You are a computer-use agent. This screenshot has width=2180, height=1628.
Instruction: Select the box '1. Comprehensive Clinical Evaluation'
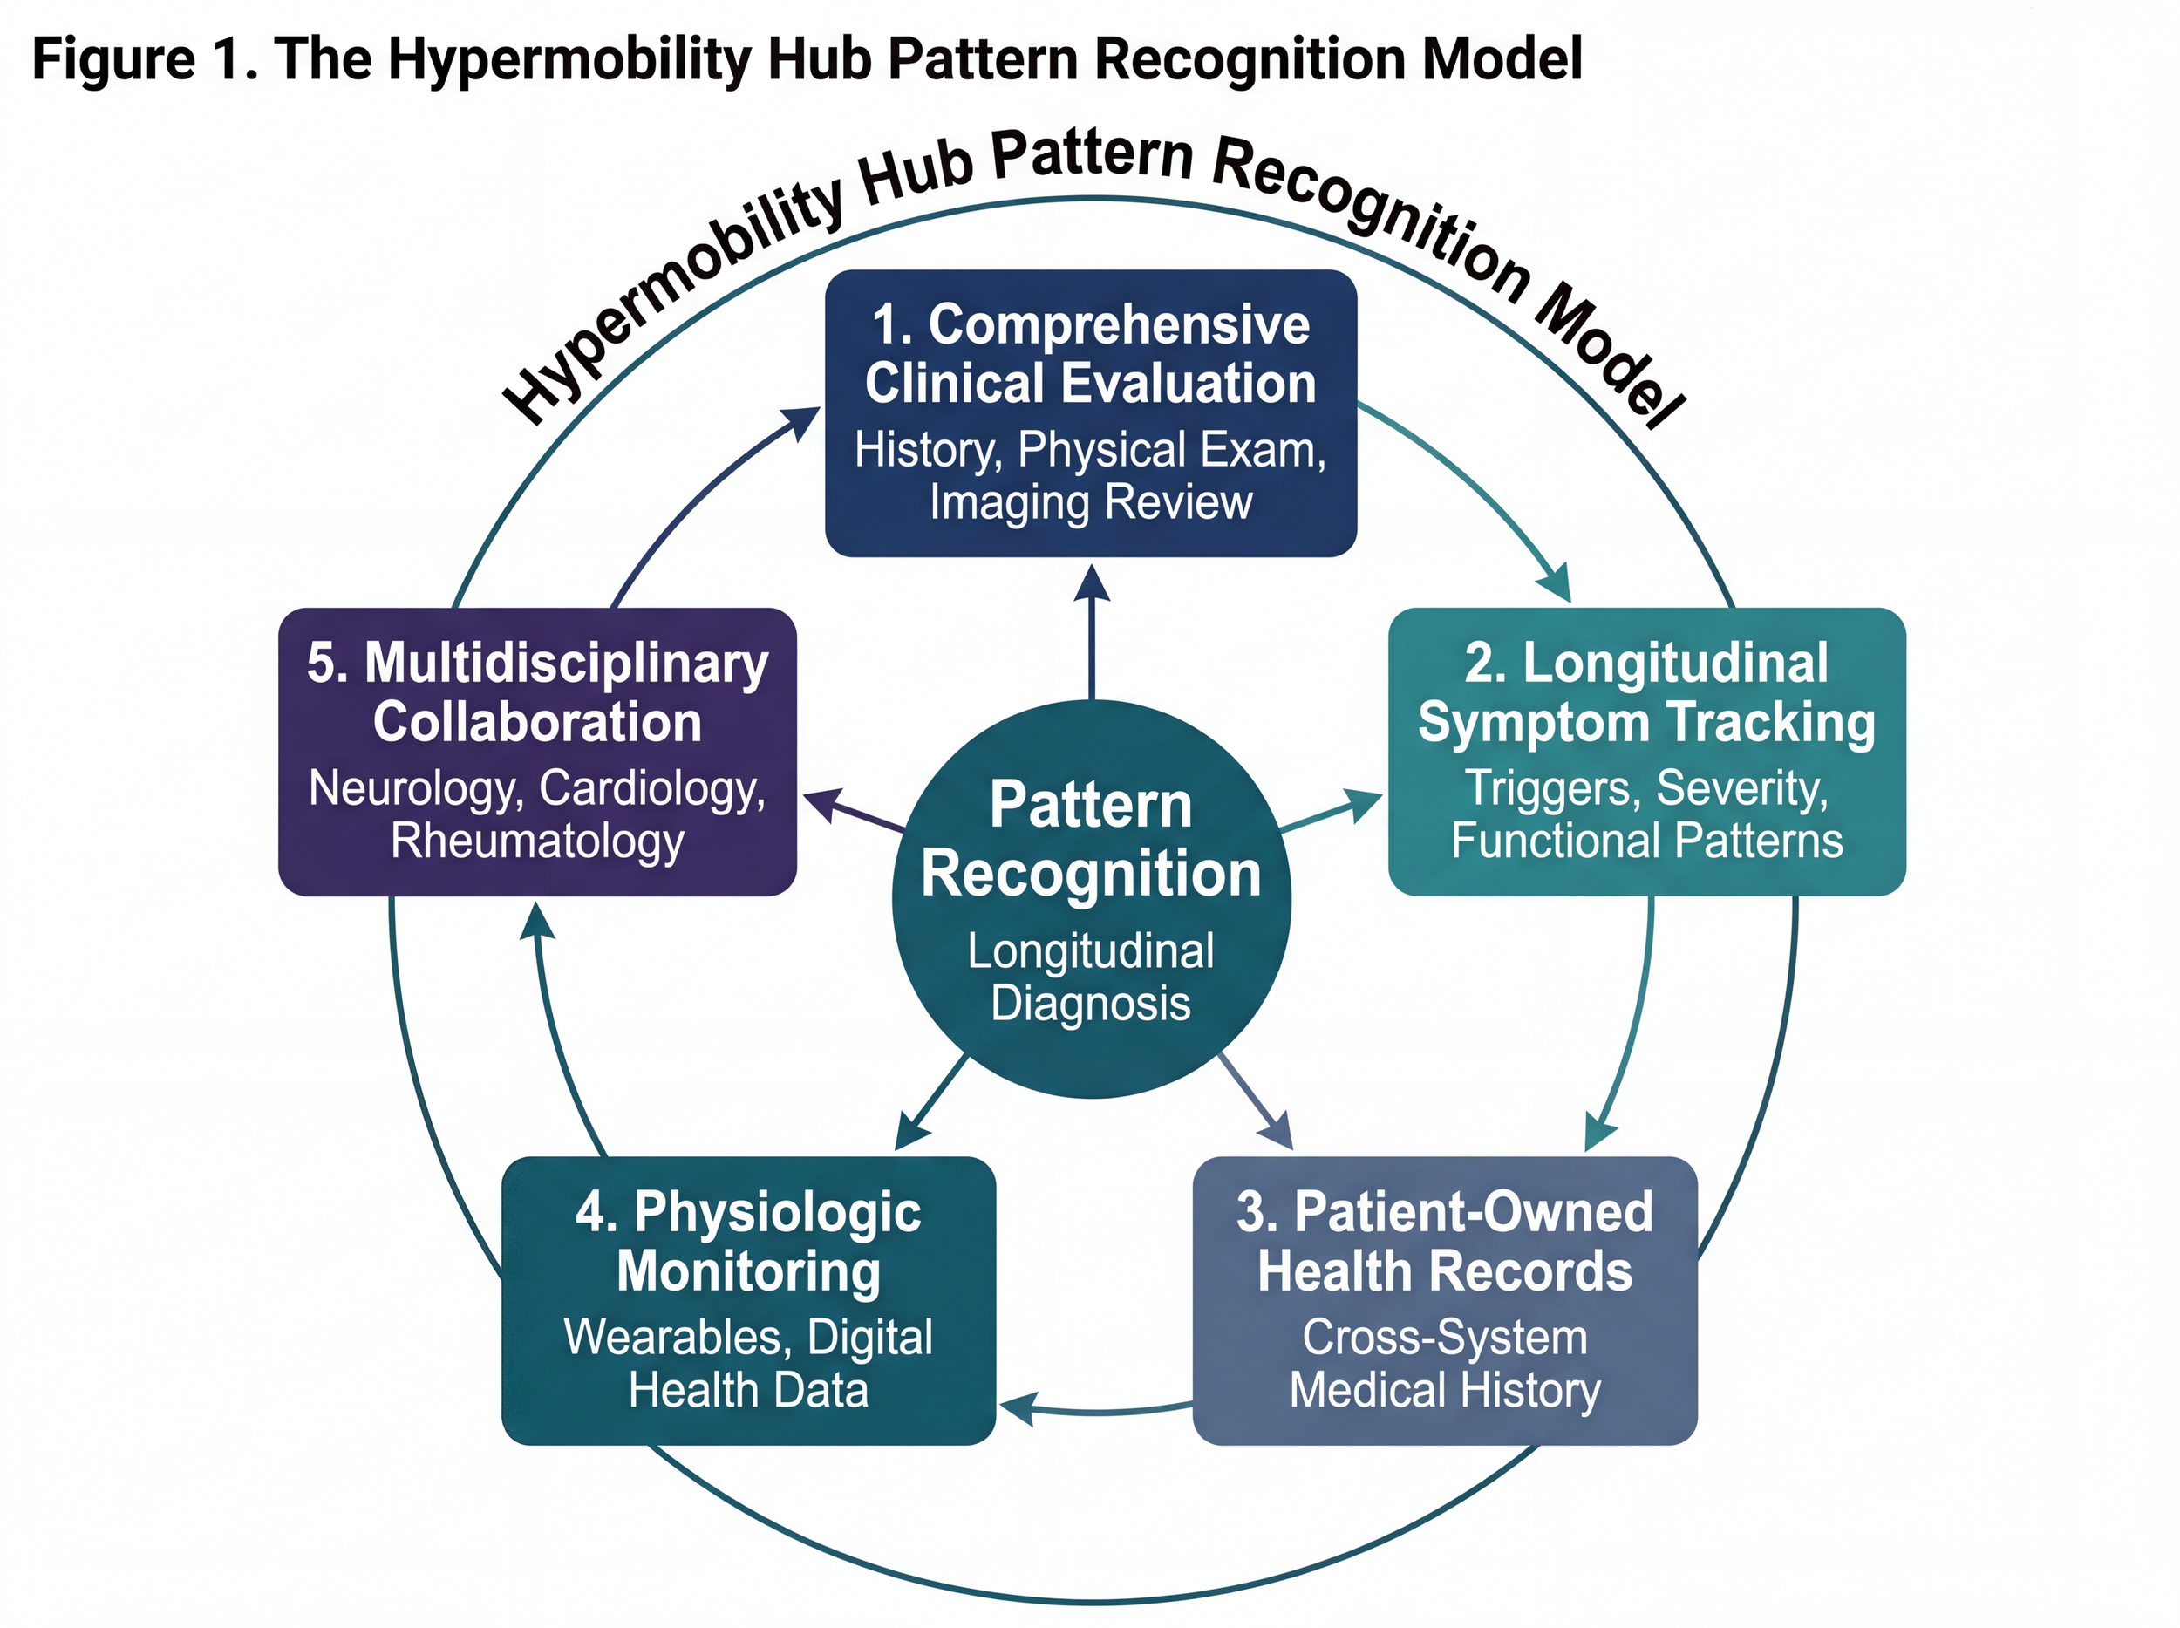pos(1090,413)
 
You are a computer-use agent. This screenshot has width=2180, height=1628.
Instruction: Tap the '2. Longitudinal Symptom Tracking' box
pos(1645,751)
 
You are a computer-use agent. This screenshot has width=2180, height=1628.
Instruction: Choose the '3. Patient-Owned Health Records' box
pos(1444,1300)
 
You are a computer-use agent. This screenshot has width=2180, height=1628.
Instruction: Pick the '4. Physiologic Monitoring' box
pos(748,1300)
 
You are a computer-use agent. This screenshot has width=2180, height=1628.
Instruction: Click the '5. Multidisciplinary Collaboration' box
pos(537,751)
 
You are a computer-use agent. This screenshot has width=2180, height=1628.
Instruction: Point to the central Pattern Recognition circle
pos(1091,899)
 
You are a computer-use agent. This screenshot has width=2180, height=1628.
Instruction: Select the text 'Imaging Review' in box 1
pos(1090,501)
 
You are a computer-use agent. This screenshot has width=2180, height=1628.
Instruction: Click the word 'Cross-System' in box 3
pos(1444,1338)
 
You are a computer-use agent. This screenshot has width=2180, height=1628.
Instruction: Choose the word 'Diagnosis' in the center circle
pos(1090,1003)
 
